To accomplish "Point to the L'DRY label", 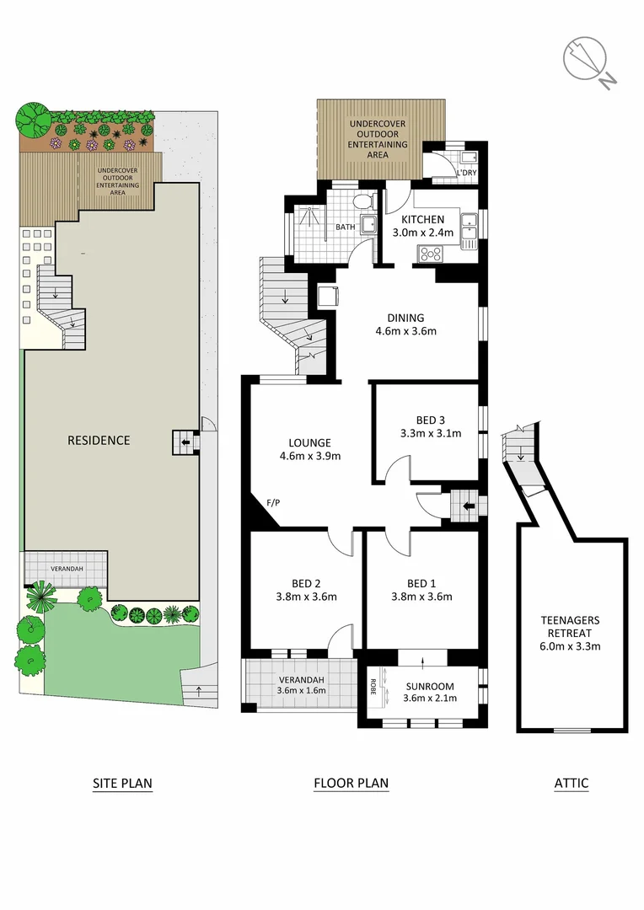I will coord(466,173).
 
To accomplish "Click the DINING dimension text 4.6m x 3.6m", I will coord(405,331).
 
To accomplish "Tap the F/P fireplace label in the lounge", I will coord(273,503).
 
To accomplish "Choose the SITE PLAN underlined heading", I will coord(122,783).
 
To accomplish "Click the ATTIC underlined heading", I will coord(571,783).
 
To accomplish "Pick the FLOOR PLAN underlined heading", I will coord(351,783).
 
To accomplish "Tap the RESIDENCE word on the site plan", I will coord(99,440).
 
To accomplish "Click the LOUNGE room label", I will coord(309,442).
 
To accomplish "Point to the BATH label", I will coord(346,227).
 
